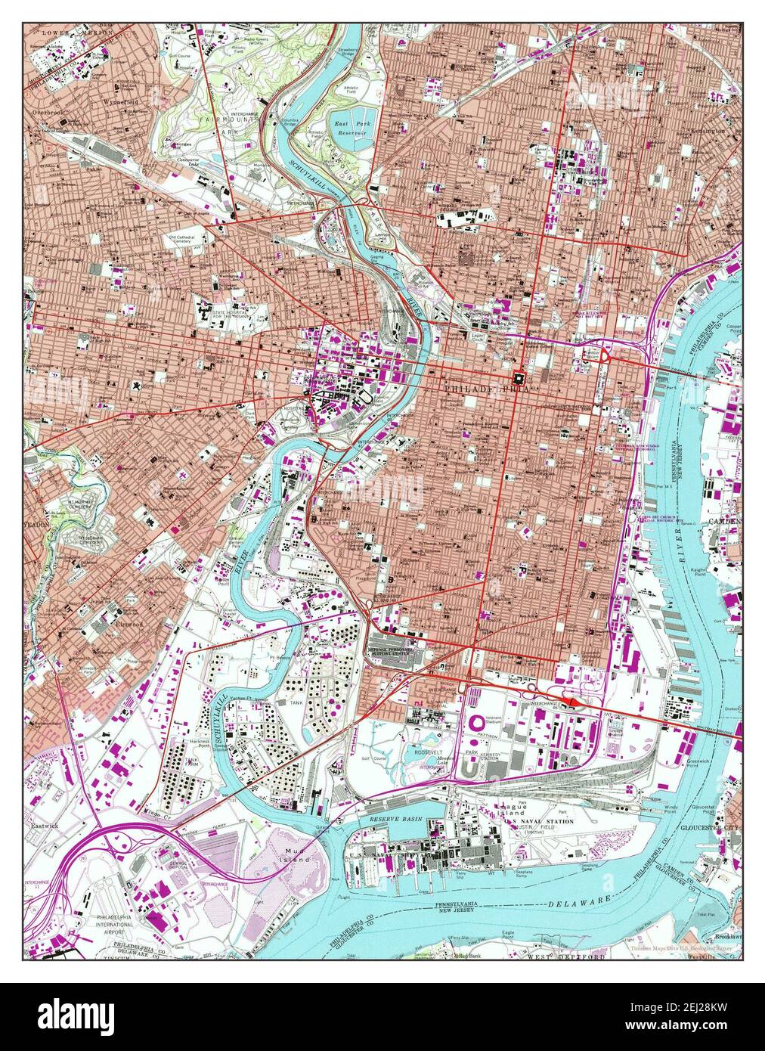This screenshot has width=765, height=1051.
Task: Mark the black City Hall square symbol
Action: [519, 377]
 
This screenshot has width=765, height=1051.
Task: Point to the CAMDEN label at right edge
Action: [723, 522]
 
